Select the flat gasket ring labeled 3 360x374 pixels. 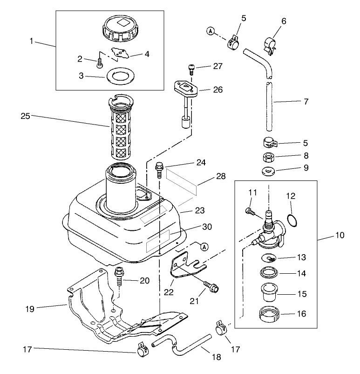coord(118,76)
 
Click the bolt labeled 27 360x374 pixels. coord(191,69)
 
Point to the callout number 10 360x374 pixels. coord(340,235)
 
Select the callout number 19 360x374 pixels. coord(29,309)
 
